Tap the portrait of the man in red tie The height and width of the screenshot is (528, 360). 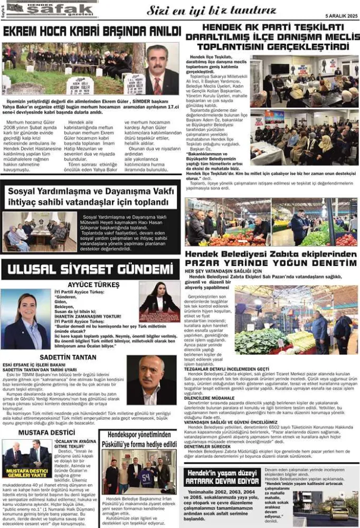(162, 70)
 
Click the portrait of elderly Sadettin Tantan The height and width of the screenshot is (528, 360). (151, 380)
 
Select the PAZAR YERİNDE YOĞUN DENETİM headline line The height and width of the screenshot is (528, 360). (271, 263)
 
